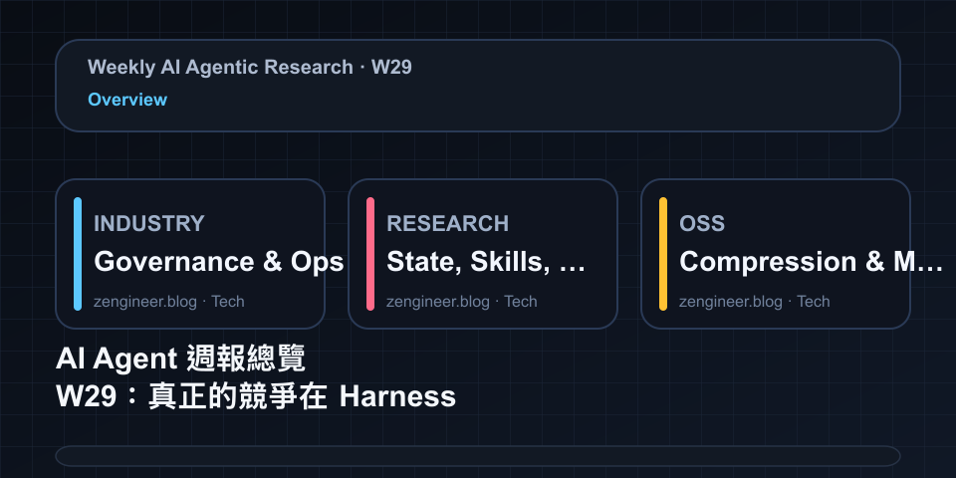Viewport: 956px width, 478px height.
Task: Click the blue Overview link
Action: pos(127,100)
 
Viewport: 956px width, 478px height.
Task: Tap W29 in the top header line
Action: pos(391,67)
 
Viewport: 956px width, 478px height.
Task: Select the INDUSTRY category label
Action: pos(148,224)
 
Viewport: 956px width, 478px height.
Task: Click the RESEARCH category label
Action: pos(447,224)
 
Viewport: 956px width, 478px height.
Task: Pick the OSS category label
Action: pos(702,224)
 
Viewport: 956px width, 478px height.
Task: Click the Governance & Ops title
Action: pos(219,262)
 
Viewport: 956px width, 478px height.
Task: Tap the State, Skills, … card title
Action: pos(486,262)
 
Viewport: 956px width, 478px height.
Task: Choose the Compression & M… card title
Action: pos(811,262)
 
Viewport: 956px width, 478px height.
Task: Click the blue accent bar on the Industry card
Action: pos(78,254)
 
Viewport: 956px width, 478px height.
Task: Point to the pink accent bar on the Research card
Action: pos(370,254)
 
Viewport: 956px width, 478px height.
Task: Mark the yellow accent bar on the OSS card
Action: pos(663,254)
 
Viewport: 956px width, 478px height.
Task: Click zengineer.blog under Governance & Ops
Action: pos(145,302)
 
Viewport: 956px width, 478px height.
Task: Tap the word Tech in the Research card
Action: pos(521,301)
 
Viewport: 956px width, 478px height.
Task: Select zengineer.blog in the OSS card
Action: pos(730,302)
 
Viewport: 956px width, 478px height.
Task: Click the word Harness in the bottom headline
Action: pos(397,397)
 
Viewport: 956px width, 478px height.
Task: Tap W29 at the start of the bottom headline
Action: pos(86,397)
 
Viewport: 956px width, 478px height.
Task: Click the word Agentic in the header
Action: pos(221,68)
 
